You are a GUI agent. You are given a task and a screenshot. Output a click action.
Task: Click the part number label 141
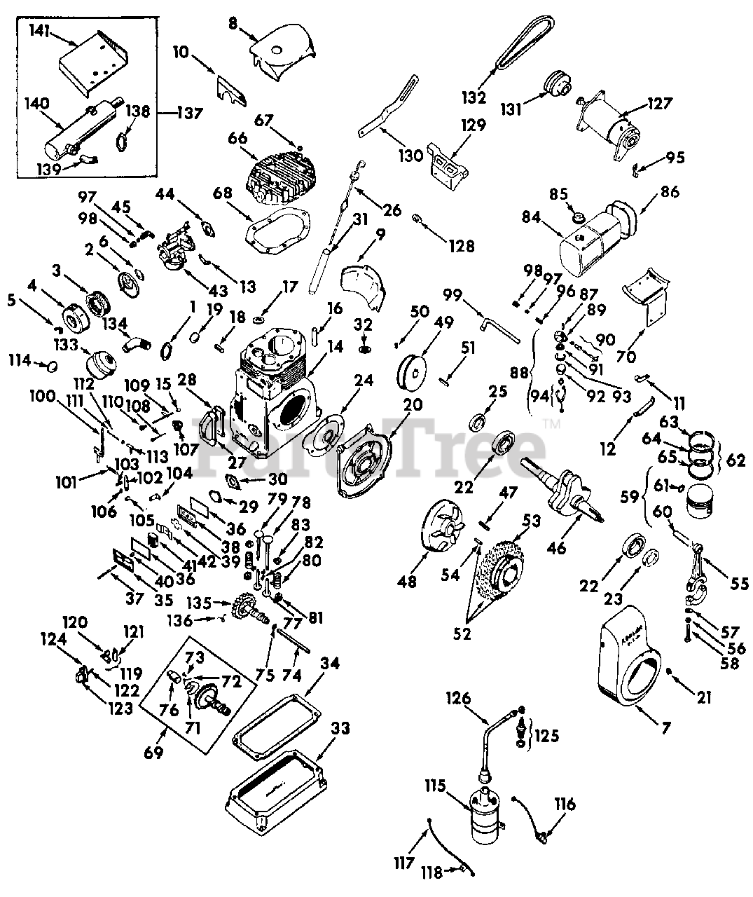point(41,31)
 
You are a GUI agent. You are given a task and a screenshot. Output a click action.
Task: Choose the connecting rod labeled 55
point(697,575)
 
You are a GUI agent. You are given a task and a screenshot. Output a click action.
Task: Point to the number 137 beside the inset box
point(190,113)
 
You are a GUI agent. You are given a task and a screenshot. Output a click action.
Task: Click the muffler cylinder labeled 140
point(82,129)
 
